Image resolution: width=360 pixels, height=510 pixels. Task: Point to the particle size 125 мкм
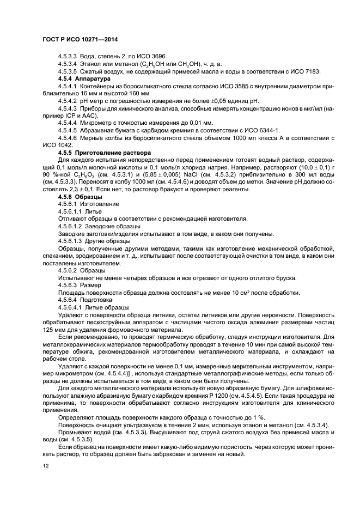(52, 330)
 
